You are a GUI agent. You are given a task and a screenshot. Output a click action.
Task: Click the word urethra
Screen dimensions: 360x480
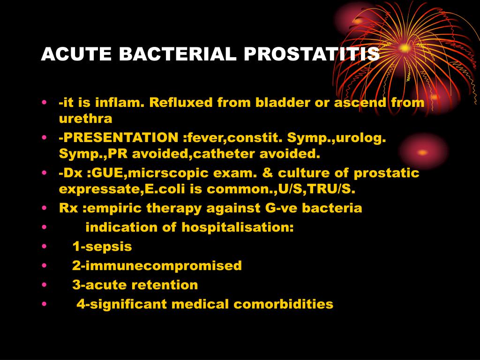tap(86, 119)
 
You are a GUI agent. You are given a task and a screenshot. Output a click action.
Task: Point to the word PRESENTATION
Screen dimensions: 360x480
tap(118, 138)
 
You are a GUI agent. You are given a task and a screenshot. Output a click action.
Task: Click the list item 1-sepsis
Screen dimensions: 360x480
tap(102, 247)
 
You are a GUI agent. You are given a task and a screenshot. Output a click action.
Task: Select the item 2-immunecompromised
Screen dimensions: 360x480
tap(157, 266)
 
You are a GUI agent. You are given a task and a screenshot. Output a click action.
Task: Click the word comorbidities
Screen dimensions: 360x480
tap(284, 304)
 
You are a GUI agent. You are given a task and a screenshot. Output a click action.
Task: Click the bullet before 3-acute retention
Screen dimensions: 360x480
tap(44, 285)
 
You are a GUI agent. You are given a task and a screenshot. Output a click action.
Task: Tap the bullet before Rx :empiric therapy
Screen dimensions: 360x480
tap(44, 208)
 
